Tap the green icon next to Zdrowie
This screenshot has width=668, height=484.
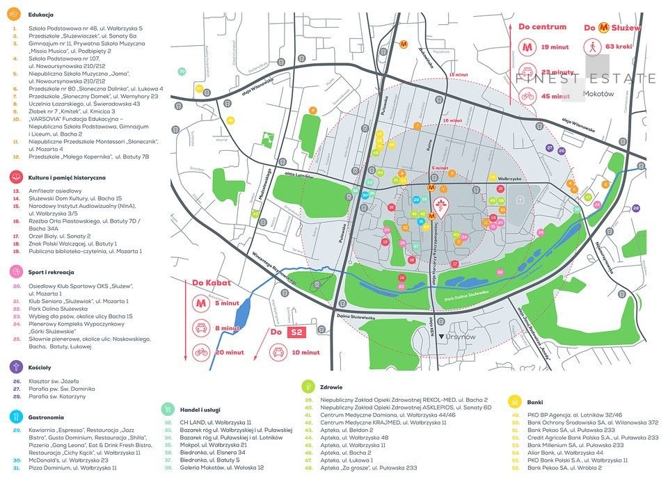(307, 385)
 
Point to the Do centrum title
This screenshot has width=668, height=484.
(542, 26)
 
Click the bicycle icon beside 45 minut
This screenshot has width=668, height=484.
(527, 96)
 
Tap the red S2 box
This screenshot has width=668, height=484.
(296, 332)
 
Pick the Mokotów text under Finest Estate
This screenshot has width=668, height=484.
(599, 93)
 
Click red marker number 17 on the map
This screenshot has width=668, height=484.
(454, 264)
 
